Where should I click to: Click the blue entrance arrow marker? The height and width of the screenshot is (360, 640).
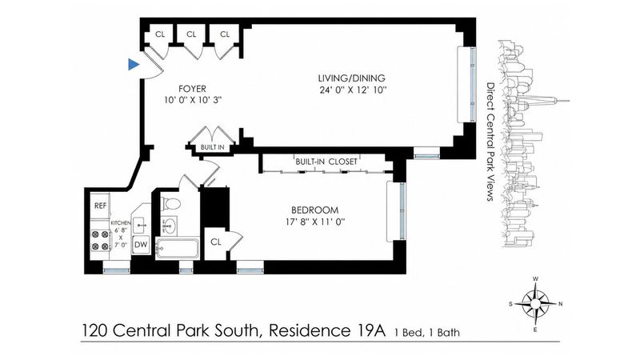click(134, 64)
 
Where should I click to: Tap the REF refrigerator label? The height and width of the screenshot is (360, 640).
click(101, 206)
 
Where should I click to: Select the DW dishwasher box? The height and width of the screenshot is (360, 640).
click(141, 245)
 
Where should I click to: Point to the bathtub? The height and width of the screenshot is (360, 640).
click(178, 248)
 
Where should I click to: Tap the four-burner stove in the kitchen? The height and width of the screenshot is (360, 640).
click(100, 241)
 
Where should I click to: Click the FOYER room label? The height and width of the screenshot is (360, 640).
click(192, 89)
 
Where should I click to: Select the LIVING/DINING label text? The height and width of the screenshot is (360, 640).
click(351, 78)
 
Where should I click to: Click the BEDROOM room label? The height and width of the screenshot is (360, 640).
click(314, 210)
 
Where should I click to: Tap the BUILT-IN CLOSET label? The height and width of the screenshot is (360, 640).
click(326, 162)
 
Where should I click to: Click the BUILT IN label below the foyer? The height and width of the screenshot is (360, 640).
click(212, 147)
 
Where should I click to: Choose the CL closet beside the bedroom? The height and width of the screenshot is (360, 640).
click(216, 242)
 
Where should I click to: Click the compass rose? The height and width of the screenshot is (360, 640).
click(535, 303)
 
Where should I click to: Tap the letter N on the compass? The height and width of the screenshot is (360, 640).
click(561, 304)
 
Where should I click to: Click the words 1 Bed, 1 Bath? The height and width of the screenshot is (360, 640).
click(427, 333)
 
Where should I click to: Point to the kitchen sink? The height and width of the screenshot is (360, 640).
click(141, 224)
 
